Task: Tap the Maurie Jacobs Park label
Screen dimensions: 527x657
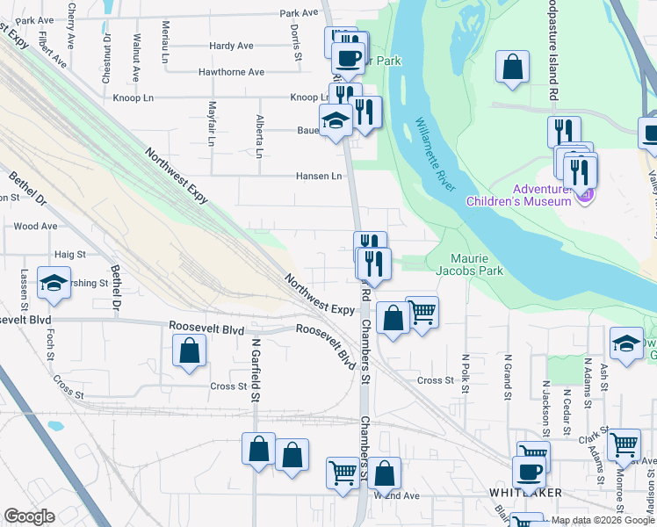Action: tap(477, 264)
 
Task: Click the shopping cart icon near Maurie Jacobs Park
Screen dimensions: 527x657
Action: tap(422, 312)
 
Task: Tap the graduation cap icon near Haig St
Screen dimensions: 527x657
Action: tap(54, 283)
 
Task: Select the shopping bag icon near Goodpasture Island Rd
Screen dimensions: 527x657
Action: tap(512, 67)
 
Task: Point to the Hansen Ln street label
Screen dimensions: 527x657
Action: tap(318, 176)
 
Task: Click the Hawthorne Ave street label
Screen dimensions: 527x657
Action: tap(231, 72)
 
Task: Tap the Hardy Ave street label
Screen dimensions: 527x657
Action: tap(231, 46)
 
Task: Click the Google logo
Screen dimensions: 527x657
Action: tap(29, 516)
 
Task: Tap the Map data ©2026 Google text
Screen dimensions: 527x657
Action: tap(603, 520)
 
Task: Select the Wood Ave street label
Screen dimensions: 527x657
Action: tap(35, 226)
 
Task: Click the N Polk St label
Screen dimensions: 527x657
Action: tap(466, 371)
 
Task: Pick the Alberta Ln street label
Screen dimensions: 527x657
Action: tap(259, 136)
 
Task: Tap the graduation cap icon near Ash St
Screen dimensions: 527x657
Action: tap(627, 343)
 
